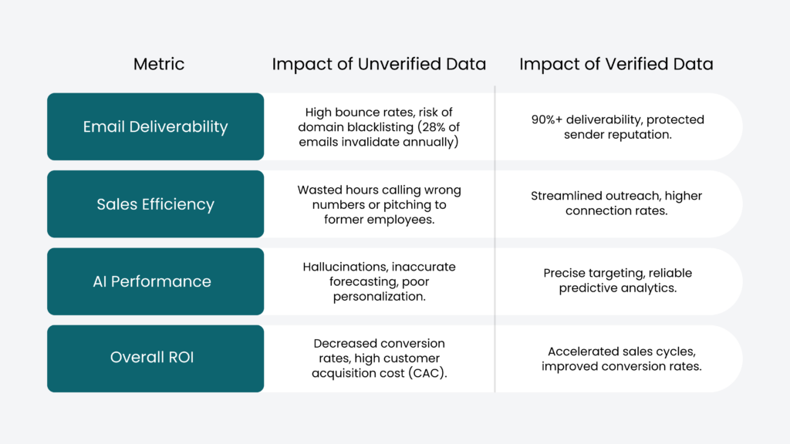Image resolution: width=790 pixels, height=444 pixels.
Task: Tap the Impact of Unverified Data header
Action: pos(379,64)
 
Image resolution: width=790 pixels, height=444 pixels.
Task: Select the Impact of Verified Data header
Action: pos(616,64)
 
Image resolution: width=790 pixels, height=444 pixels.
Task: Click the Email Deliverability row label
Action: pos(155,126)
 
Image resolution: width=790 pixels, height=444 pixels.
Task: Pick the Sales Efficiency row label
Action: pos(155,204)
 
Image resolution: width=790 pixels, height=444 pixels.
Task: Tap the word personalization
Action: pos(379,296)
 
